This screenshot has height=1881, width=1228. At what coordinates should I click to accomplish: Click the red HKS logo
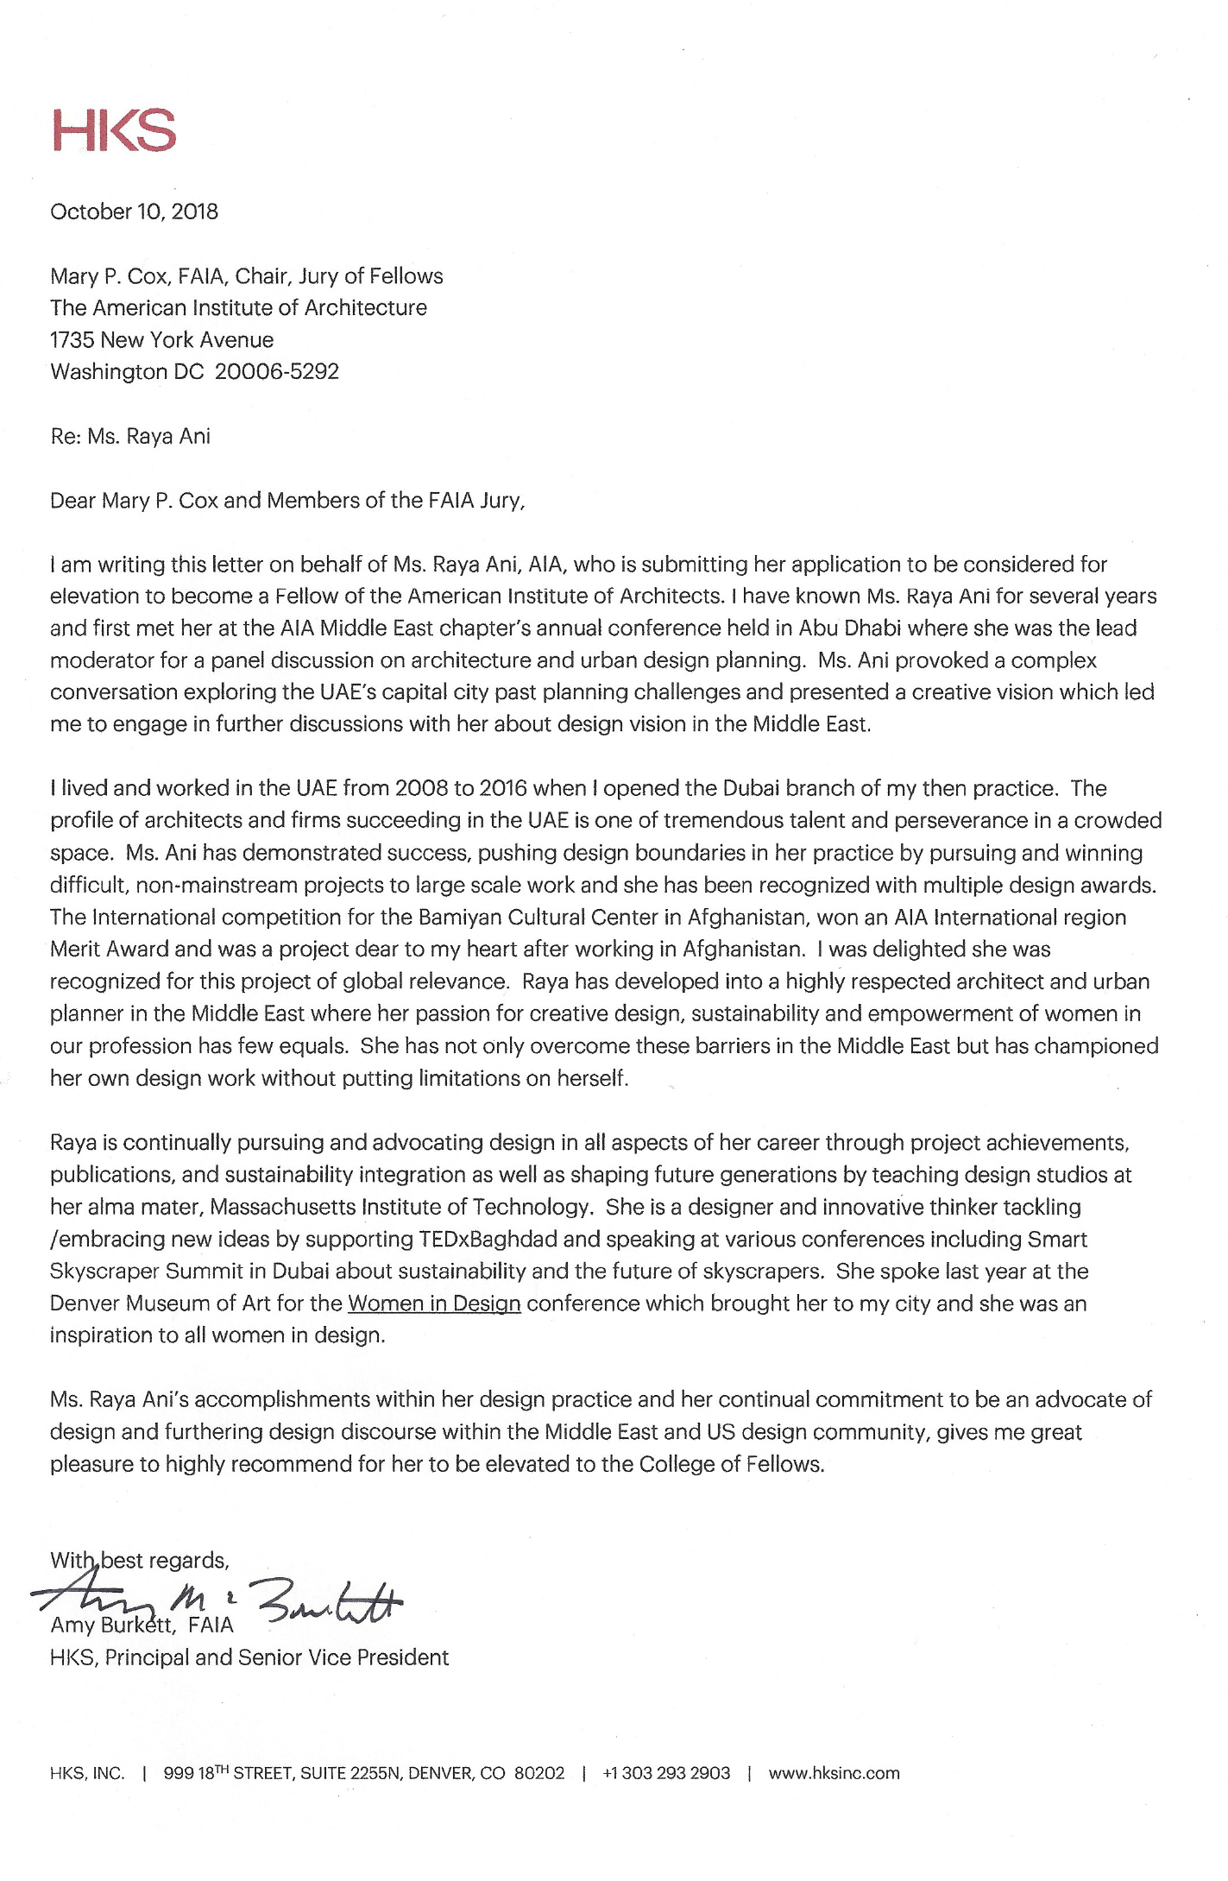(113, 131)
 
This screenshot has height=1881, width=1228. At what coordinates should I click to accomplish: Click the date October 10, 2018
(134, 211)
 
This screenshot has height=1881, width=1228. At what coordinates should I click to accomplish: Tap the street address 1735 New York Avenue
(161, 340)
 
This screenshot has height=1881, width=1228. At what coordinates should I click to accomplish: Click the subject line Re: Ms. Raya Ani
(130, 436)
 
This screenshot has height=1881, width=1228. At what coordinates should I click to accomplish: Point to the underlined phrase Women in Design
(434, 1303)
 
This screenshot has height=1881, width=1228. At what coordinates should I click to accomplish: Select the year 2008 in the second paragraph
(422, 789)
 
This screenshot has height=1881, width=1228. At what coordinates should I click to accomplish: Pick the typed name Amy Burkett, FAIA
(142, 1626)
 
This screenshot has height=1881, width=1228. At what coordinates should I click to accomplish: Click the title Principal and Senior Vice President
(276, 1658)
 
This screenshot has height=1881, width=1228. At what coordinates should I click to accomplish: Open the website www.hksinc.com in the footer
(834, 1774)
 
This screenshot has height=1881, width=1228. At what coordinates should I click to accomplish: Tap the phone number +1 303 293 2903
(666, 1774)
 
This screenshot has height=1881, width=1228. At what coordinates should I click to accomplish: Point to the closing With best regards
(138, 1561)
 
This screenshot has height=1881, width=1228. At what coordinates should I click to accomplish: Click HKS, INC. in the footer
(87, 1774)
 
